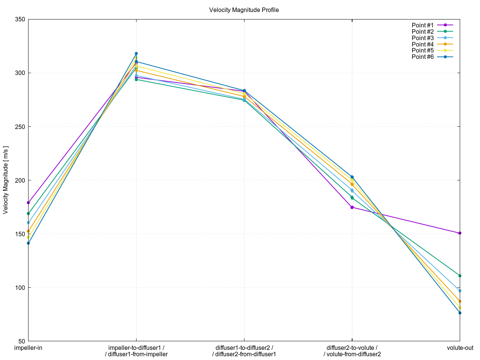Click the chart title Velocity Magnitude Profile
(x=244, y=10)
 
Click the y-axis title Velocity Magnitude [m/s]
(x=5, y=180)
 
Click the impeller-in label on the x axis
(x=28, y=348)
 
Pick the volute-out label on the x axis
(x=460, y=348)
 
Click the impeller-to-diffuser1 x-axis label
(x=136, y=348)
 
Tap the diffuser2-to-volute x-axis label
(x=352, y=348)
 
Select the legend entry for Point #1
(x=423, y=25)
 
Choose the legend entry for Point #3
(x=423, y=38)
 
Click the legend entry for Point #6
(x=423, y=57)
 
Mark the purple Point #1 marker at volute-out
(x=460, y=233)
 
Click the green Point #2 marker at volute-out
(x=460, y=276)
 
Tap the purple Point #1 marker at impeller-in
(x=28, y=202)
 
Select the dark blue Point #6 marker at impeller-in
(x=28, y=243)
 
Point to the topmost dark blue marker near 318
(x=136, y=54)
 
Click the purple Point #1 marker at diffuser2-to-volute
(x=352, y=207)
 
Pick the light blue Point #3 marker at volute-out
(x=460, y=291)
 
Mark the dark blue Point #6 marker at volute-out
(x=460, y=313)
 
